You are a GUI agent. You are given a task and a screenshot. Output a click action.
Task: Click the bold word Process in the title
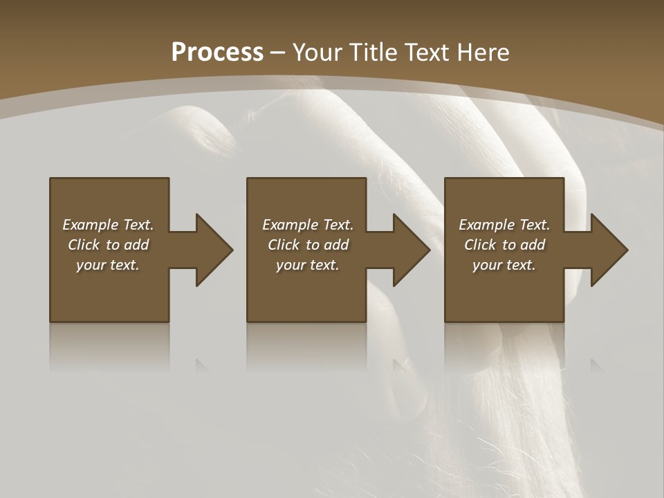[x=217, y=53]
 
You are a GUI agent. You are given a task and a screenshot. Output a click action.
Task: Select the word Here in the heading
[x=484, y=53]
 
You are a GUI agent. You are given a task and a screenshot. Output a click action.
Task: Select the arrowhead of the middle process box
[x=412, y=250]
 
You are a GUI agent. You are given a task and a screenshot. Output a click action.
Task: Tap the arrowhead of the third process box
[x=609, y=250]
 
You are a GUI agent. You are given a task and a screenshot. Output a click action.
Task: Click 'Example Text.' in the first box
[x=108, y=225]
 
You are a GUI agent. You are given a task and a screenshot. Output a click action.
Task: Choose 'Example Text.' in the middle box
[x=308, y=225]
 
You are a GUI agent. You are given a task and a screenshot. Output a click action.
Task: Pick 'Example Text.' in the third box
[x=504, y=225]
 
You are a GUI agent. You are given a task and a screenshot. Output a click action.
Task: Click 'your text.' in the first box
[x=108, y=265]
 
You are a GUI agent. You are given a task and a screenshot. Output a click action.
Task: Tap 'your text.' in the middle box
[x=308, y=265]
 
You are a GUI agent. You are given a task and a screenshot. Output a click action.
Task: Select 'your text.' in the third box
[x=504, y=265]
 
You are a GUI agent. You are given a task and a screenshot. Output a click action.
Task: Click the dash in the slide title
[x=278, y=53]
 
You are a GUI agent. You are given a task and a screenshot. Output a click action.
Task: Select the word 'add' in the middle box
[x=336, y=245]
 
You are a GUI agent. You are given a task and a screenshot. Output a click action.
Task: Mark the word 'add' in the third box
[x=533, y=245]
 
